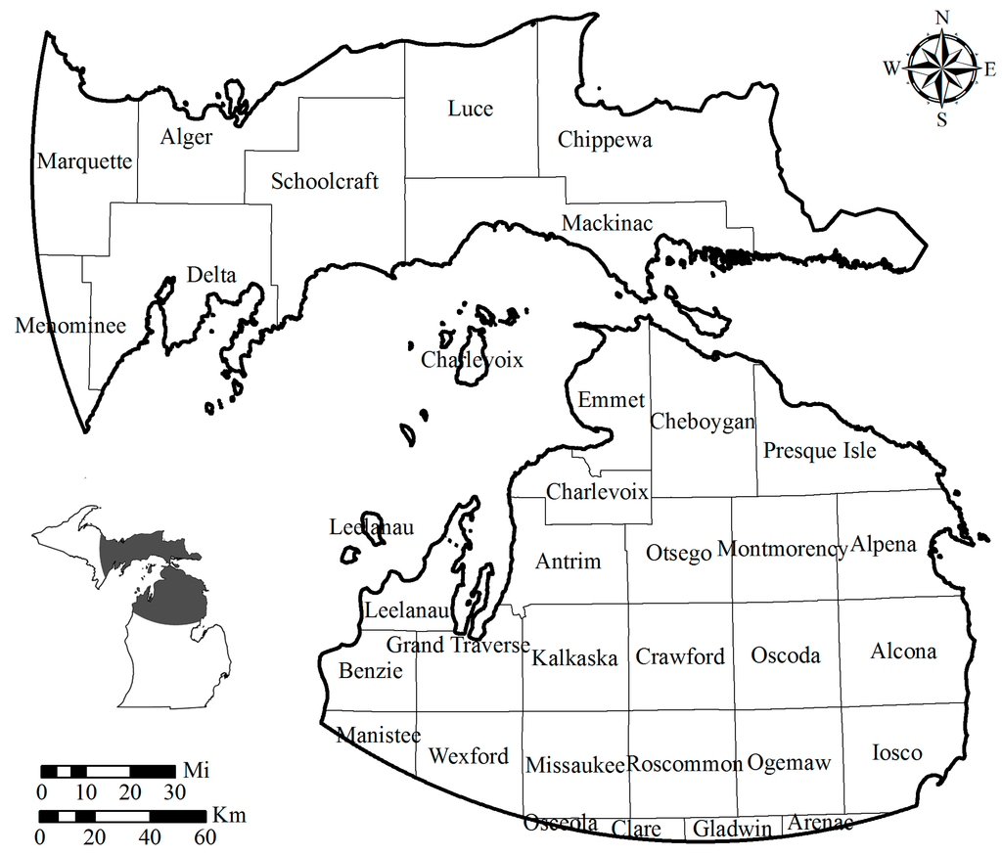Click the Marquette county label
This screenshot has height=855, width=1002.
click(x=84, y=161)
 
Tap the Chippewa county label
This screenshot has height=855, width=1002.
click(x=605, y=140)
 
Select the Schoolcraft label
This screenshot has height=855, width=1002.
click(x=325, y=181)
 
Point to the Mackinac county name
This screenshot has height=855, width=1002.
click(x=607, y=224)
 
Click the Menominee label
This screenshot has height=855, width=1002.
click(x=70, y=326)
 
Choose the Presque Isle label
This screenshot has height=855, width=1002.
click(x=819, y=451)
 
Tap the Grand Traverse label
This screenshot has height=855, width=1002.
click(x=458, y=646)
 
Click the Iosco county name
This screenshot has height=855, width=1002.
click(x=896, y=752)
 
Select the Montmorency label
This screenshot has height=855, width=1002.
click(x=782, y=550)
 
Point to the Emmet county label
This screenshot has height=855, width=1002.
click(x=612, y=400)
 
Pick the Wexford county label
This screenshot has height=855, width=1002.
click(x=469, y=756)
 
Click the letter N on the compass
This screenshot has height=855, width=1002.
click(x=943, y=18)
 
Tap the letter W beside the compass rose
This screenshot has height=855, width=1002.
click(x=891, y=68)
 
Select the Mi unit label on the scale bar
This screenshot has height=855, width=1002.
click(x=194, y=770)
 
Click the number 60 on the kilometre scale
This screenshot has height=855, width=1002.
click(x=205, y=837)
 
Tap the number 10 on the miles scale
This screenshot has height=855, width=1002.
click(x=86, y=791)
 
